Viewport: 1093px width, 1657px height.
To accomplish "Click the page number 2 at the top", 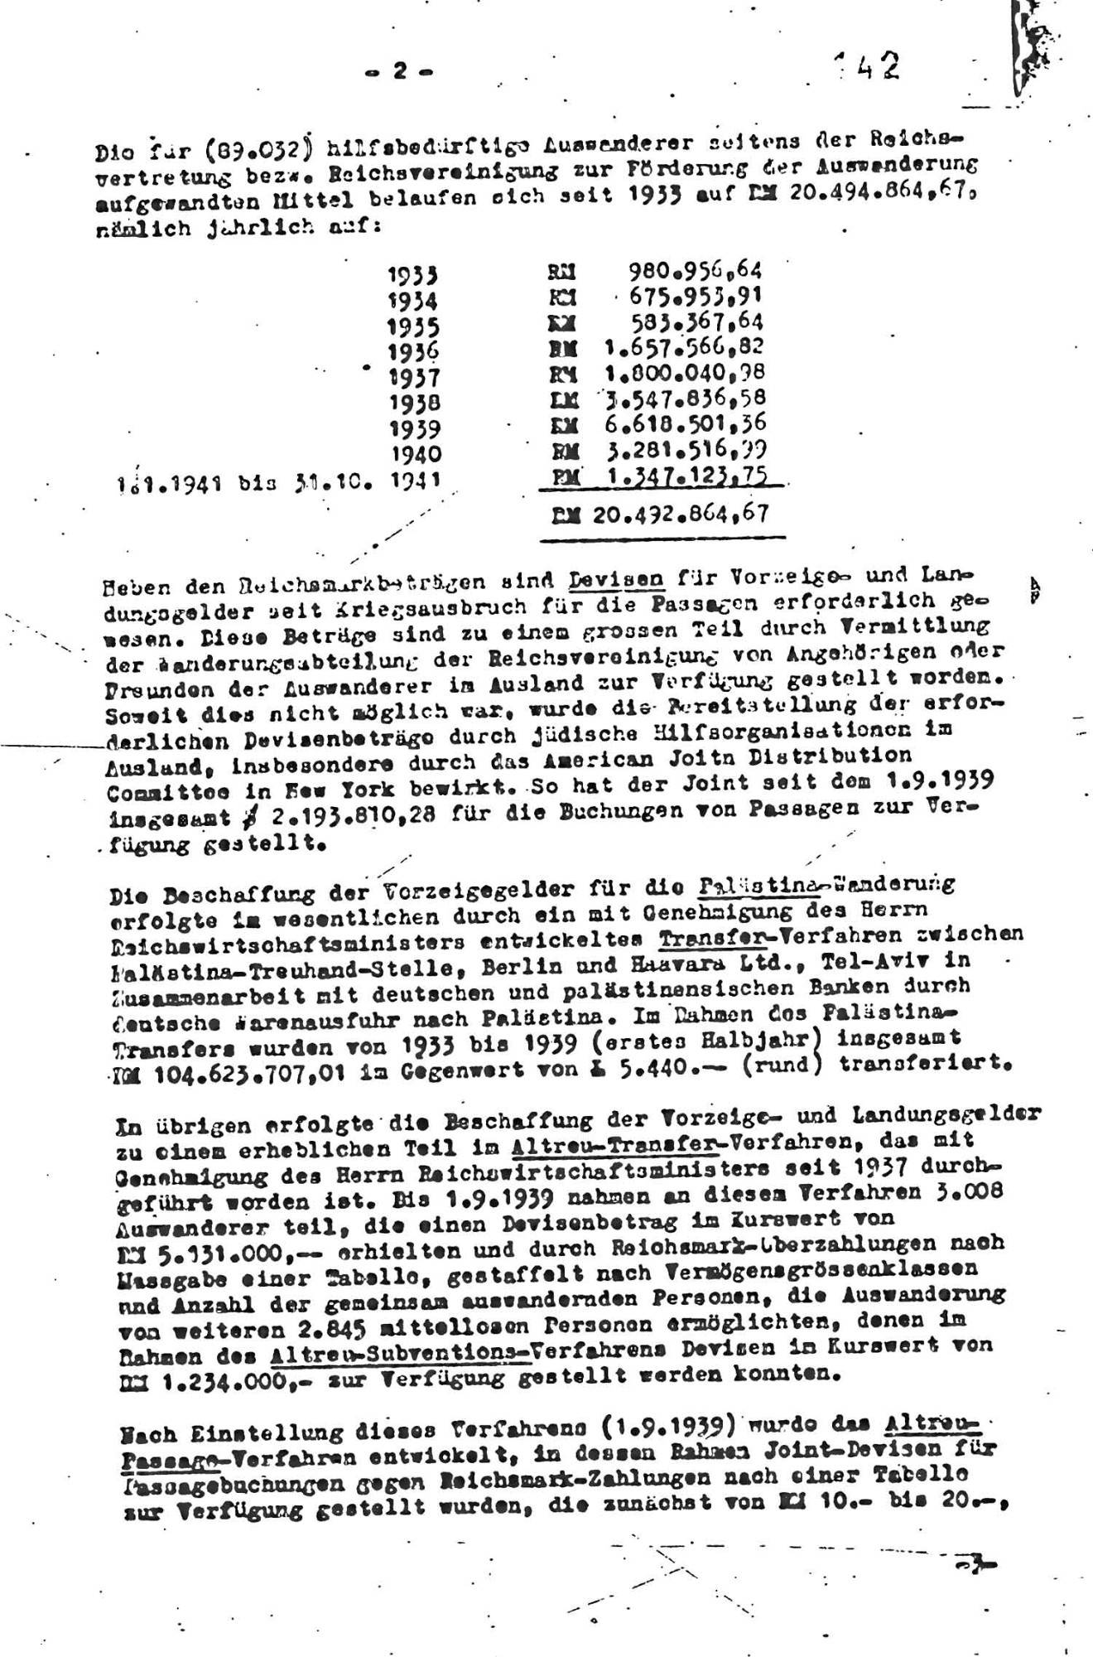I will [400, 72].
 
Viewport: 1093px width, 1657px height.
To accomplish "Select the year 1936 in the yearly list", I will [414, 351].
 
